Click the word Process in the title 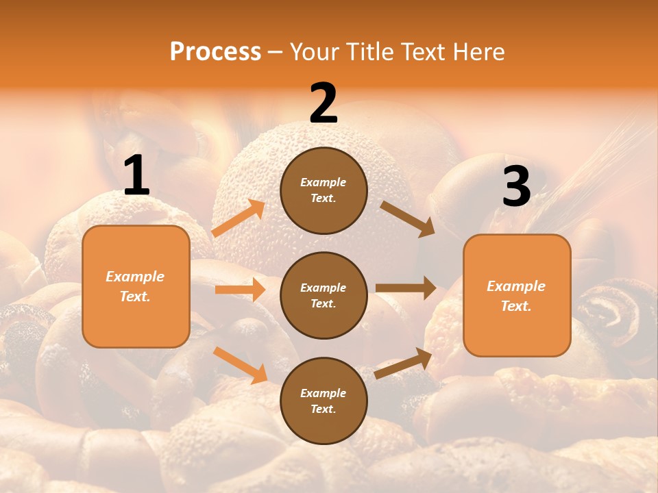pyautogui.click(x=215, y=51)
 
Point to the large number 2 pyautogui.click(x=324, y=103)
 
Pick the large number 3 pyautogui.click(x=516, y=187)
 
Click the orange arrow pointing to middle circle pyautogui.click(x=240, y=290)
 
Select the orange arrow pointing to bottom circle pyautogui.click(x=241, y=364)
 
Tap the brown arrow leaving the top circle pyautogui.click(x=407, y=218)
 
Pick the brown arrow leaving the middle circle pyautogui.click(x=406, y=288)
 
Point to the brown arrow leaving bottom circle pyautogui.click(x=403, y=363)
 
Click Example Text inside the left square pyautogui.click(x=135, y=286)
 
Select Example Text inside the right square pyautogui.click(x=516, y=296)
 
